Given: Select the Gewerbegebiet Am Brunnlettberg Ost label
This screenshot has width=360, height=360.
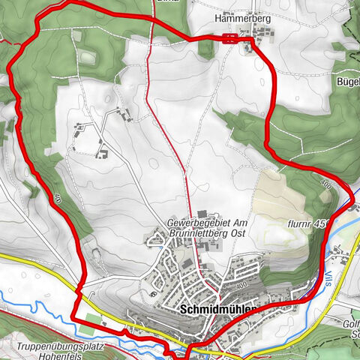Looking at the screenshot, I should [207, 229].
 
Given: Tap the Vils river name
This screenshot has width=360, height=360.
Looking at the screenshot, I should [331, 277].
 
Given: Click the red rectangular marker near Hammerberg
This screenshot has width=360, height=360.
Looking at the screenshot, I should [230, 39].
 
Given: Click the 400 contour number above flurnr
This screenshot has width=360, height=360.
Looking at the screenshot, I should [325, 184].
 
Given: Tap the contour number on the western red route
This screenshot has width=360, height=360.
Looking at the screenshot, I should [58, 199].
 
